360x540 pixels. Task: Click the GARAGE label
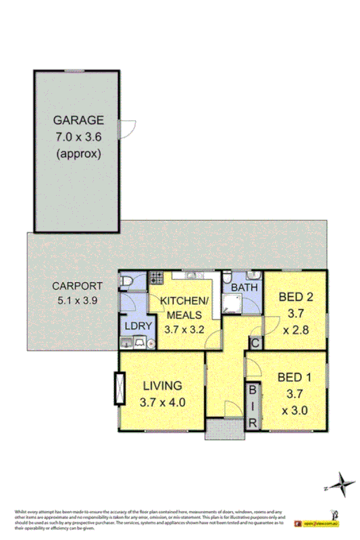78,121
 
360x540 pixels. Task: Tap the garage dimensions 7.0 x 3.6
78,137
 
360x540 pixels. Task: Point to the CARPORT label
78,285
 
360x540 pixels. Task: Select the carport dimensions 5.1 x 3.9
78,301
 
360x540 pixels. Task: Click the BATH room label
242,288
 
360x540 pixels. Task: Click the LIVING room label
162,387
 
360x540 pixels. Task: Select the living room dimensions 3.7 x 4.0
162,403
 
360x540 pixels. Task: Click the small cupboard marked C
255,342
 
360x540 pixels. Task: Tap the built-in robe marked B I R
253,404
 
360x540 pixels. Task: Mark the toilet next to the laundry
127,280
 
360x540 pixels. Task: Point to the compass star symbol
345,484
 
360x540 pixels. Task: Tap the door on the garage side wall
123,126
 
